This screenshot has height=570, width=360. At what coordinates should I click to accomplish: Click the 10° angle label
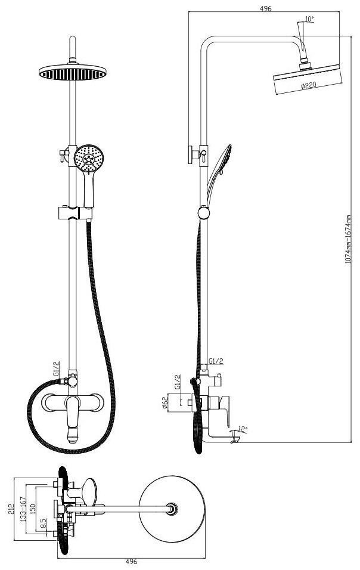pyautogui.click(x=309, y=19)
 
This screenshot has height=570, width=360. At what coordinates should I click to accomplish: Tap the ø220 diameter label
pyautogui.click(x=308, y=86)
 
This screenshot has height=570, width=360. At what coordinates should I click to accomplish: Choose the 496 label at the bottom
pyautogui.click(x=132, y=562)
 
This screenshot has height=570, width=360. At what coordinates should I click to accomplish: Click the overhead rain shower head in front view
pyautogui.click(x=73, y=72)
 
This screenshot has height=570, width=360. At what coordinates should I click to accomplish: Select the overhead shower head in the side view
pyautogui.click(x=307, y=74)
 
